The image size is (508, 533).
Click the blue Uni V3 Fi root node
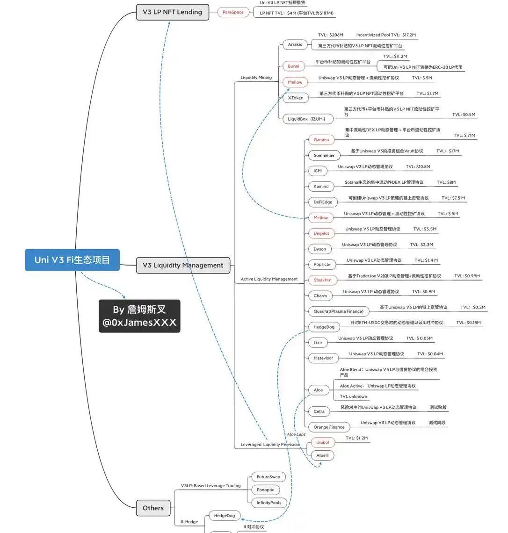click(72, 260)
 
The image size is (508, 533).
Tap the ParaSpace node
click(233, 12)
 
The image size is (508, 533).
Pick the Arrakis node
click(295, 45)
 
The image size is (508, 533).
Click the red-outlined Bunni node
click(294, 66)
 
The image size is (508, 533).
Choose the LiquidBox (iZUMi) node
click(308, 119)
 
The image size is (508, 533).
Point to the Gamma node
click(321, 140)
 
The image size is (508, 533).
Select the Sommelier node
click(324, 155)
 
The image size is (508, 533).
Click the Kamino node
click(321, 187)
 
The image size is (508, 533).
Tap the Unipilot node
click(321, 233)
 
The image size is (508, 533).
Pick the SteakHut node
click(323, 280)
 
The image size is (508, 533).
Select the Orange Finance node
click(329, 427)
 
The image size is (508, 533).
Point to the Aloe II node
click(322, 455)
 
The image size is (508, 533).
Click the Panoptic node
click(265, 490)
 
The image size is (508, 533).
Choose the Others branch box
click(153, 508)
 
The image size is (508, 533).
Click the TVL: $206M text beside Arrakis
click(330, 35)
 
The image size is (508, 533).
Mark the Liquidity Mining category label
click(256, 78)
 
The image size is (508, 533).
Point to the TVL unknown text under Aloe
click(353, 396)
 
